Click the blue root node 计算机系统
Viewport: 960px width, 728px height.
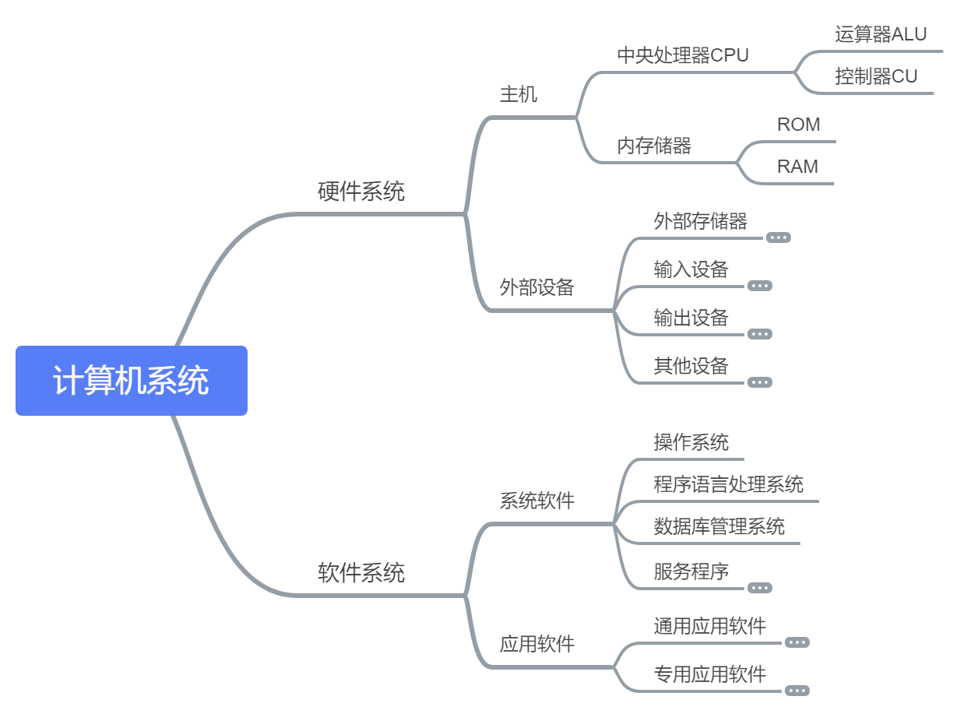131,381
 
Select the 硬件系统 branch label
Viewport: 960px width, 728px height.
361,192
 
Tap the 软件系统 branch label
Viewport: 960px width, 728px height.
361,573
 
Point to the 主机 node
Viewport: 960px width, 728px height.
519,95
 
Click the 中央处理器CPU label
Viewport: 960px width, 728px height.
683,56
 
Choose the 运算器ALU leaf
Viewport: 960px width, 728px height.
881,34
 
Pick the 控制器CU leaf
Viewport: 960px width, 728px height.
876,76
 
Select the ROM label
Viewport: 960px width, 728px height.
798,125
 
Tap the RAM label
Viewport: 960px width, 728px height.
797,167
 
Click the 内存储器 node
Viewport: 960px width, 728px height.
654,146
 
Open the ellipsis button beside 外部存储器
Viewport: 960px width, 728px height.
779,237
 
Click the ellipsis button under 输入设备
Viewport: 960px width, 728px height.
760,286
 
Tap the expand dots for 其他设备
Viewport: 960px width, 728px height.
760,382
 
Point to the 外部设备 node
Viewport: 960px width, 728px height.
537,287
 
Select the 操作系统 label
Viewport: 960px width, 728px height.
691,442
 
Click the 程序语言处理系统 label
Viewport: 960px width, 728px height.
729,484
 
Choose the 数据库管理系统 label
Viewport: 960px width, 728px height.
719,526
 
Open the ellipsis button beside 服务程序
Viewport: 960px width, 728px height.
760,588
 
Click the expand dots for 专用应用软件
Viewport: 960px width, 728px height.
797,691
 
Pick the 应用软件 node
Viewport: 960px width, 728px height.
537,644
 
